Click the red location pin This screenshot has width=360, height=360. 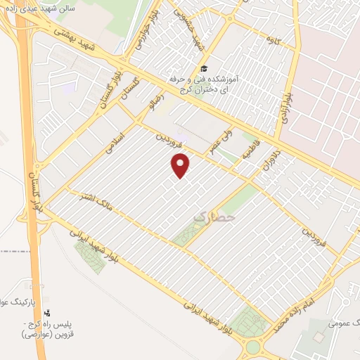coord(181,165)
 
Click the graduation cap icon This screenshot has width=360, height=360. coord(203,68)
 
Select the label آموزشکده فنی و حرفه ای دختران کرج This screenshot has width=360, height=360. coord(211,86)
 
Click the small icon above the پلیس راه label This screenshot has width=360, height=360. coord(48,312)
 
